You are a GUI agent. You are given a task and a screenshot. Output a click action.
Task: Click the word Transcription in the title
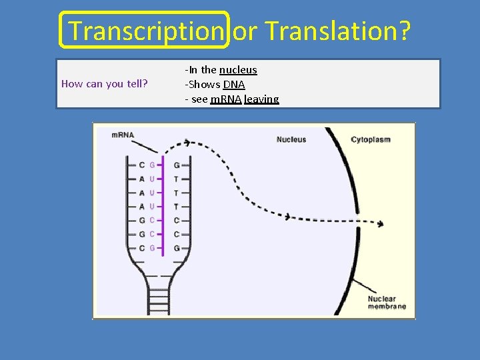(x=145, y=31)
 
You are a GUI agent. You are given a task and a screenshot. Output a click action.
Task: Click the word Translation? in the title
(x=339, y=31)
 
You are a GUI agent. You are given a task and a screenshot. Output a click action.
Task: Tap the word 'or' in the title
(x=245, y=31)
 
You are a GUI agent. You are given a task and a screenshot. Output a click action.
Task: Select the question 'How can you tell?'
(x=105, y=84)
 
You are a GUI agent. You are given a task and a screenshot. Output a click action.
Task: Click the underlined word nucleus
(x=238, y=70)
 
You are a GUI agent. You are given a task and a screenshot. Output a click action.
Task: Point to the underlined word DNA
(x=234, y=85)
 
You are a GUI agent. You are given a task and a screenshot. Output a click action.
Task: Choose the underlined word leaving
(x=261, y=99)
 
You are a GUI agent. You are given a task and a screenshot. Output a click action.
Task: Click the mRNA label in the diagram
(x=123, y=135)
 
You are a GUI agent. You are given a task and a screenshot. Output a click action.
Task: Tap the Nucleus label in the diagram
(x=291, y=139)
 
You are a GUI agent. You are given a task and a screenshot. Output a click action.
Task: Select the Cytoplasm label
(x=371, y=139)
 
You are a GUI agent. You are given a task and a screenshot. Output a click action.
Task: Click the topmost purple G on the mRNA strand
(x=152, y=165)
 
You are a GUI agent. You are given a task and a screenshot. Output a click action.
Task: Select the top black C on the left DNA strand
(x=141, y=165)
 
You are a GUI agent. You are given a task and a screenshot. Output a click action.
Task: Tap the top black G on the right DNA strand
(x=176, y=165)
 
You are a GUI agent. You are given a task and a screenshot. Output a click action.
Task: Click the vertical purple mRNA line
(x=163, y=207)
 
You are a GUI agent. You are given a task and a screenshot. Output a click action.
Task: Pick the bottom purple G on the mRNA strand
(x=152, y=248)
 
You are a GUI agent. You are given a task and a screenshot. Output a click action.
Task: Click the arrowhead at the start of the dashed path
(x=188, y=142)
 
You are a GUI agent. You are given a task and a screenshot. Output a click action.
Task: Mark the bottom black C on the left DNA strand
(x=141, y=248)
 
